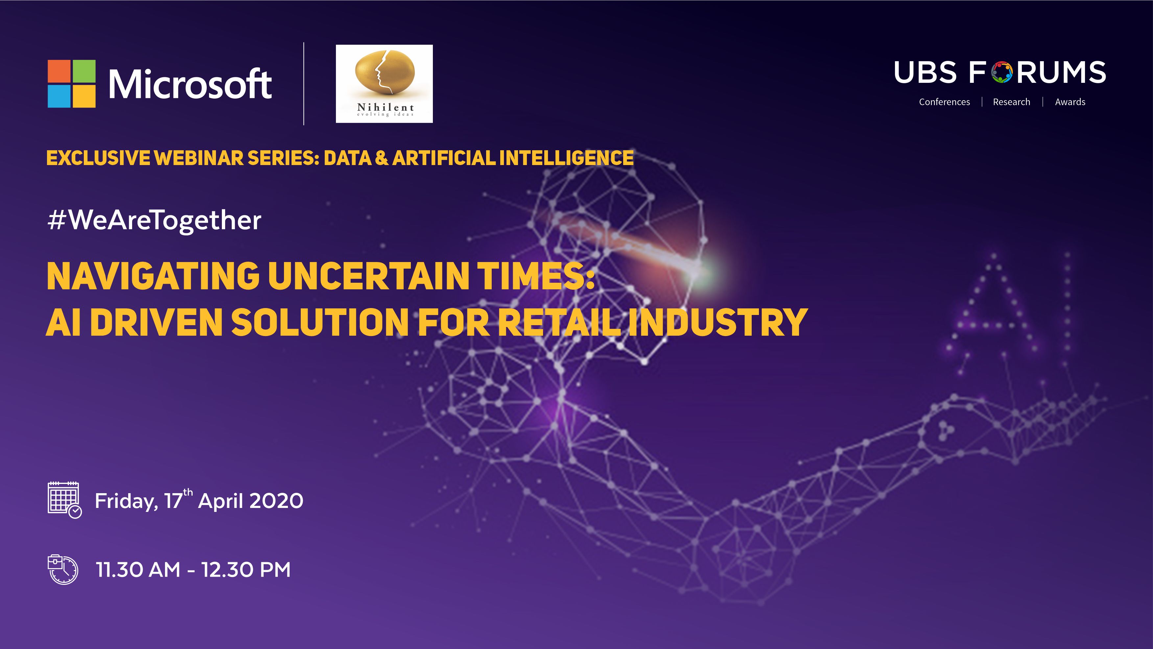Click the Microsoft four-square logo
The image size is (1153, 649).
coord(72,84)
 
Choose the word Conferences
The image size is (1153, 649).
coord(944,102)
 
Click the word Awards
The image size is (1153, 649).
coord(1070,102)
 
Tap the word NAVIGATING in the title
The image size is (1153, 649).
coord(153,276)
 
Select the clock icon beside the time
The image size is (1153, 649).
coord(63,569)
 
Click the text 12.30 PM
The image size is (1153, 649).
coord(246,570)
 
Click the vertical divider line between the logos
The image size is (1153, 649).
coord(304,84)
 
